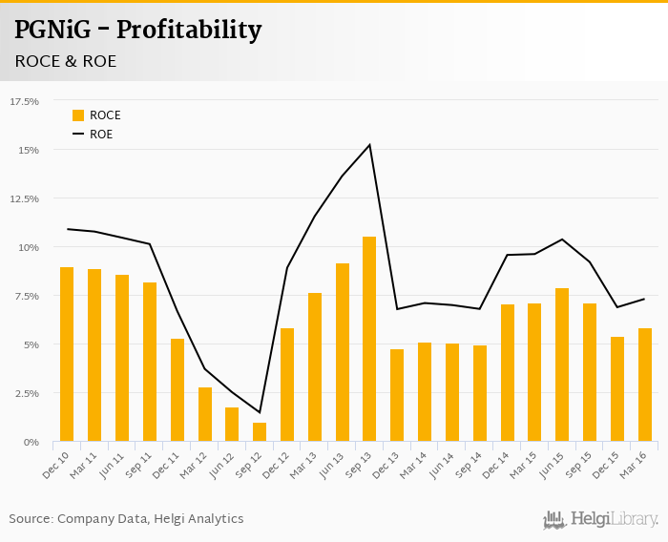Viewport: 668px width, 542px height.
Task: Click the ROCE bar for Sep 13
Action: (x=369, y=339)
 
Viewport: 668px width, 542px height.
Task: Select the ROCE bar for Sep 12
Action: (x=260, y=432)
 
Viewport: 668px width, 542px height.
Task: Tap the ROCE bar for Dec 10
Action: (x=67, y=354)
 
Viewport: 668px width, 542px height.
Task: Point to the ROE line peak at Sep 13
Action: (x=369, y=145)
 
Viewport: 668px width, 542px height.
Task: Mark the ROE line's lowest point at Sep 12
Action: (x=260, y=412)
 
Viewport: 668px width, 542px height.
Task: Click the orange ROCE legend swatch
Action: (x=78, y=115)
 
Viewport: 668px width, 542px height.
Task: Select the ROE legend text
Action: (x=101, y=135)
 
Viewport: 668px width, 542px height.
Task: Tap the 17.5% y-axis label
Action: (x=25, y=101)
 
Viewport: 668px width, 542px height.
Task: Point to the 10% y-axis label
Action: (x=29, y=247)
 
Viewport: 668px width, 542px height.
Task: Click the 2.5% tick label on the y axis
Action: (x=27, y=393)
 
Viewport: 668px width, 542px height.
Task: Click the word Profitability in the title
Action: (x=189, y=30)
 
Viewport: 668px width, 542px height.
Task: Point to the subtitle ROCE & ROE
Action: (x=66, y=61)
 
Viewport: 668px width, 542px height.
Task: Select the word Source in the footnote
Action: (x=31, y=519)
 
